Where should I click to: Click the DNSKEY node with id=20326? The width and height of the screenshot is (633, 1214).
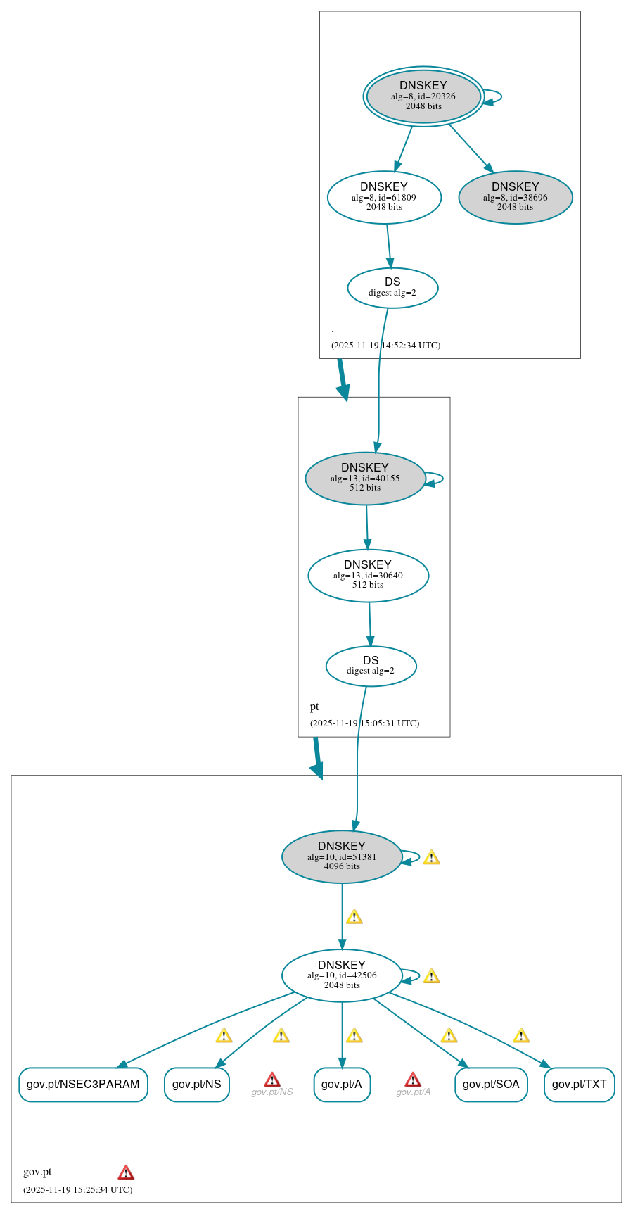coord(423,96)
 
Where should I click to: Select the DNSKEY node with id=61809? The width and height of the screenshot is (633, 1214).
coord(384,197)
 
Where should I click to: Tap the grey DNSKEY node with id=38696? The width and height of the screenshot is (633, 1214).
coord(515,197)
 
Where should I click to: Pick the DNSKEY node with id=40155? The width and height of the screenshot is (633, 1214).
coord(365,478)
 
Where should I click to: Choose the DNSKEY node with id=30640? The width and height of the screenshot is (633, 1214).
coord(368,575)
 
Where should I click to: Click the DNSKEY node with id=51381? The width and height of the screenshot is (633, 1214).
coord(342,856)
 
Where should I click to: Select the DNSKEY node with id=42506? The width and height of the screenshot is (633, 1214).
coord(342,975)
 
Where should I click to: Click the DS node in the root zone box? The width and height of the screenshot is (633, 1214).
coord(392,287)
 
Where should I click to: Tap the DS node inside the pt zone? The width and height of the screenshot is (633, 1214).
coord(371,665)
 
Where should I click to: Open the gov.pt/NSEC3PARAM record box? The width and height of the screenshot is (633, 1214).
coord(83,1084)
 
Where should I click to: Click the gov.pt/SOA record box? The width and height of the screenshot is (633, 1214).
coord(491,1084)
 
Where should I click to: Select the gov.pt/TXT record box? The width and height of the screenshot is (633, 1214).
coord(579,1084)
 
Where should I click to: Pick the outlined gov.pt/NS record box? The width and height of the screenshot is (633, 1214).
coord(196,1084)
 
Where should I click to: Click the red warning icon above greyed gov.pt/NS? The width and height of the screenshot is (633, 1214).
coord(272,1080)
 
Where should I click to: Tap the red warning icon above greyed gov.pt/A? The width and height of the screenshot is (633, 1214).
coord(413,1080)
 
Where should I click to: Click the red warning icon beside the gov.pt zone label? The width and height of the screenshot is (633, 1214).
coord(126,1172)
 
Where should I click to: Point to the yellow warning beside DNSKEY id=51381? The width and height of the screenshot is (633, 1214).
coord(431,857)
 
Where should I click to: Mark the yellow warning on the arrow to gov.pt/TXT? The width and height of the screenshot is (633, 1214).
coord(520,1035)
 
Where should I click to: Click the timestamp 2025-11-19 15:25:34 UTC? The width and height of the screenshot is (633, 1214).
coord(77,1189)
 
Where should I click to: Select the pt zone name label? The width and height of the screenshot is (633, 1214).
coord(314,707)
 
